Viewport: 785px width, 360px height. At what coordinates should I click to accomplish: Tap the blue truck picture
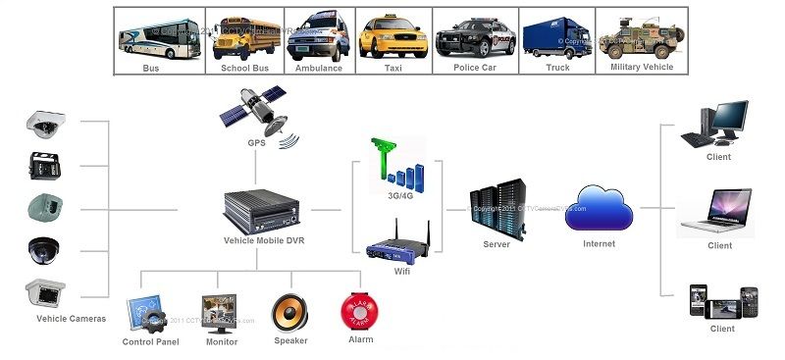pyautogui.click(x=557, y=36)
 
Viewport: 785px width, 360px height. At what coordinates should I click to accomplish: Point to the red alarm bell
pyautogui.click(x=359, y=312)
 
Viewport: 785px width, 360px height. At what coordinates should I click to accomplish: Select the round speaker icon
pyautogui.click(x=289, y=312)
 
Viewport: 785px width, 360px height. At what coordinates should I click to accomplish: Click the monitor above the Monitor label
pyautogui.click(x=220, y=312)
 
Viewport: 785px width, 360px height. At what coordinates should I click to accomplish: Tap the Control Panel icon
pyautogui.click(x=148, y=314)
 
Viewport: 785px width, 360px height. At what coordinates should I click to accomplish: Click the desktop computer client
pyautogui.click(x=719, y=124)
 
